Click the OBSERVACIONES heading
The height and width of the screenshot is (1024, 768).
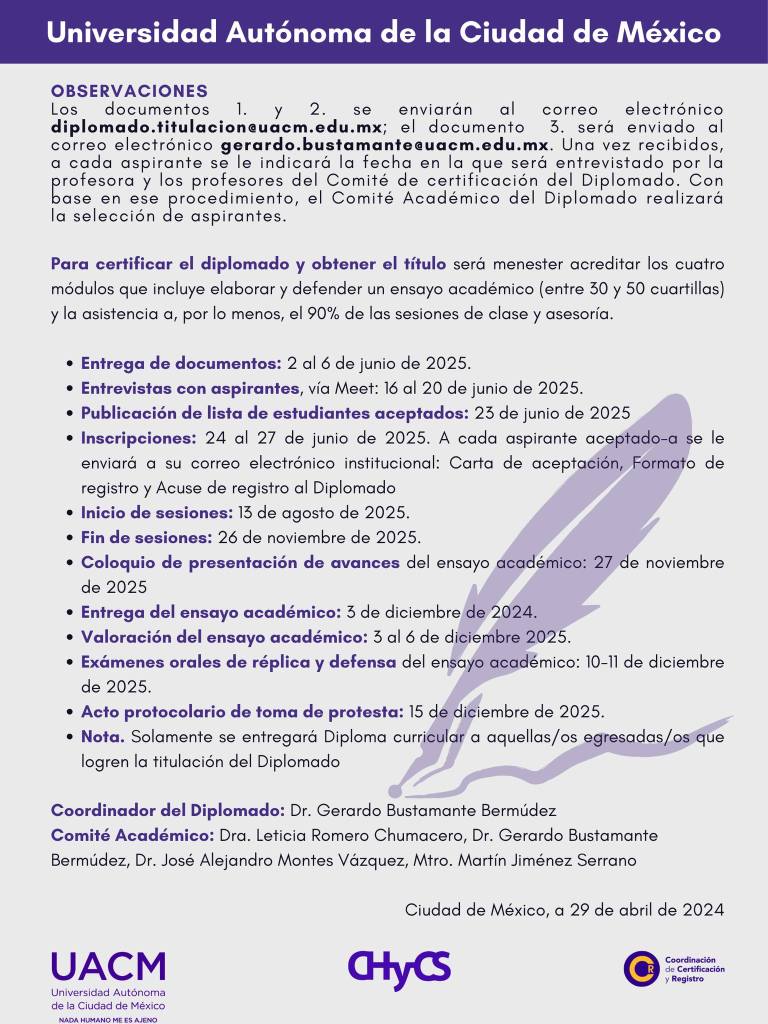tap(129, 91)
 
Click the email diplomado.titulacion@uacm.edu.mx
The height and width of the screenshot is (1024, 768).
tap(217, 127)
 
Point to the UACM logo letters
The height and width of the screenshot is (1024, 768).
tap(108, 967)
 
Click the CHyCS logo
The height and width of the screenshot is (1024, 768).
tap(399, 968)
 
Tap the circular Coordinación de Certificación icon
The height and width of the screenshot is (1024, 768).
tap(639, 968)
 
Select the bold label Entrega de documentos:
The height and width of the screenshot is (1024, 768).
tap(181, 362)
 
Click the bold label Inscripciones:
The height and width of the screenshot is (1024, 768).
tap(139, 438)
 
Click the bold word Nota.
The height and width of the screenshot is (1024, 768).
tap(103, 736)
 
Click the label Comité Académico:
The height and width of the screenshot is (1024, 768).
tap(133, 834)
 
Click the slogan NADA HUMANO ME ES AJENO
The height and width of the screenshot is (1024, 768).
tap(108, 1019)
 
